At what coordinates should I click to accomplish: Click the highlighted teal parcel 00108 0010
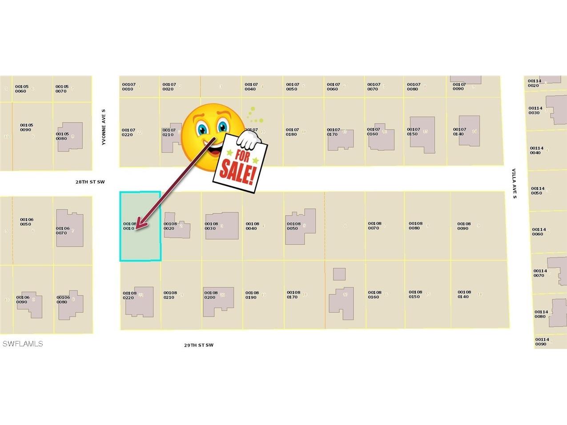tap(140, 240)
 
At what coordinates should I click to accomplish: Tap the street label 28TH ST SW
tap(90, 182)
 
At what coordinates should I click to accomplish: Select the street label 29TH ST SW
tap(199, 345)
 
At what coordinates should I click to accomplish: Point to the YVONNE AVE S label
tap(104, 127)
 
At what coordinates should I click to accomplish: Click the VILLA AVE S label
tap(514, 183)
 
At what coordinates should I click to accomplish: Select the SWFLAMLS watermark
tap(23, 344)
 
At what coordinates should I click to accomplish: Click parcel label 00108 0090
tap(464, 226)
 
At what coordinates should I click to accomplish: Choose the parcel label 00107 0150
tap(413, 132)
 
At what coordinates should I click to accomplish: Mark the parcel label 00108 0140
tap(464, 294)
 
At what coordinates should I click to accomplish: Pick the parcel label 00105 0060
tap(21, 89)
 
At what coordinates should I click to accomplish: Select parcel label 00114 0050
tap(537, 191)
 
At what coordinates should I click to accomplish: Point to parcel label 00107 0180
tap(292, 132)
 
